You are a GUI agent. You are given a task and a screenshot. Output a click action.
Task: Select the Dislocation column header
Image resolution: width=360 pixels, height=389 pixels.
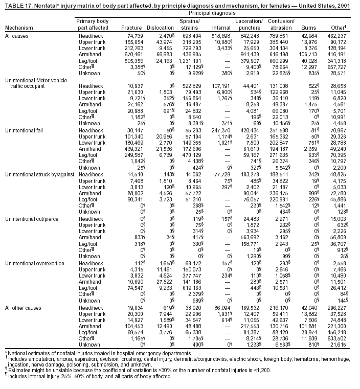tap(160, 27)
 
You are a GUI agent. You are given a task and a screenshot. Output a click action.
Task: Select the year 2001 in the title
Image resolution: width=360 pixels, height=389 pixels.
tap(351, 4)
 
